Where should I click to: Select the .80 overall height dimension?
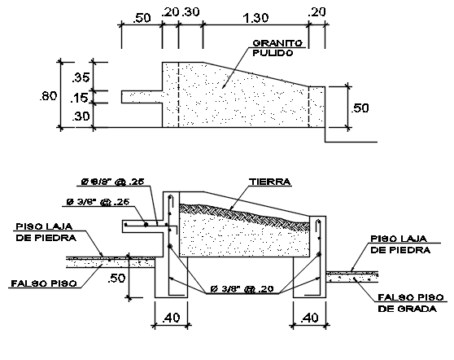click(x=49, y=95)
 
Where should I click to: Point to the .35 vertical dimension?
click(x=81, y=78)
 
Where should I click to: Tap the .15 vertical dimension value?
click(x=81, y=98)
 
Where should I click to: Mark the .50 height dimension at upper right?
click(x=360, y=107)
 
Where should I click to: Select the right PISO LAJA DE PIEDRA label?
click(x=399, y=245)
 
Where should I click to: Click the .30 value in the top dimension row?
click(x=191, y=13)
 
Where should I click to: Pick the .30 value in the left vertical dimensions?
click(x=81, y=116)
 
